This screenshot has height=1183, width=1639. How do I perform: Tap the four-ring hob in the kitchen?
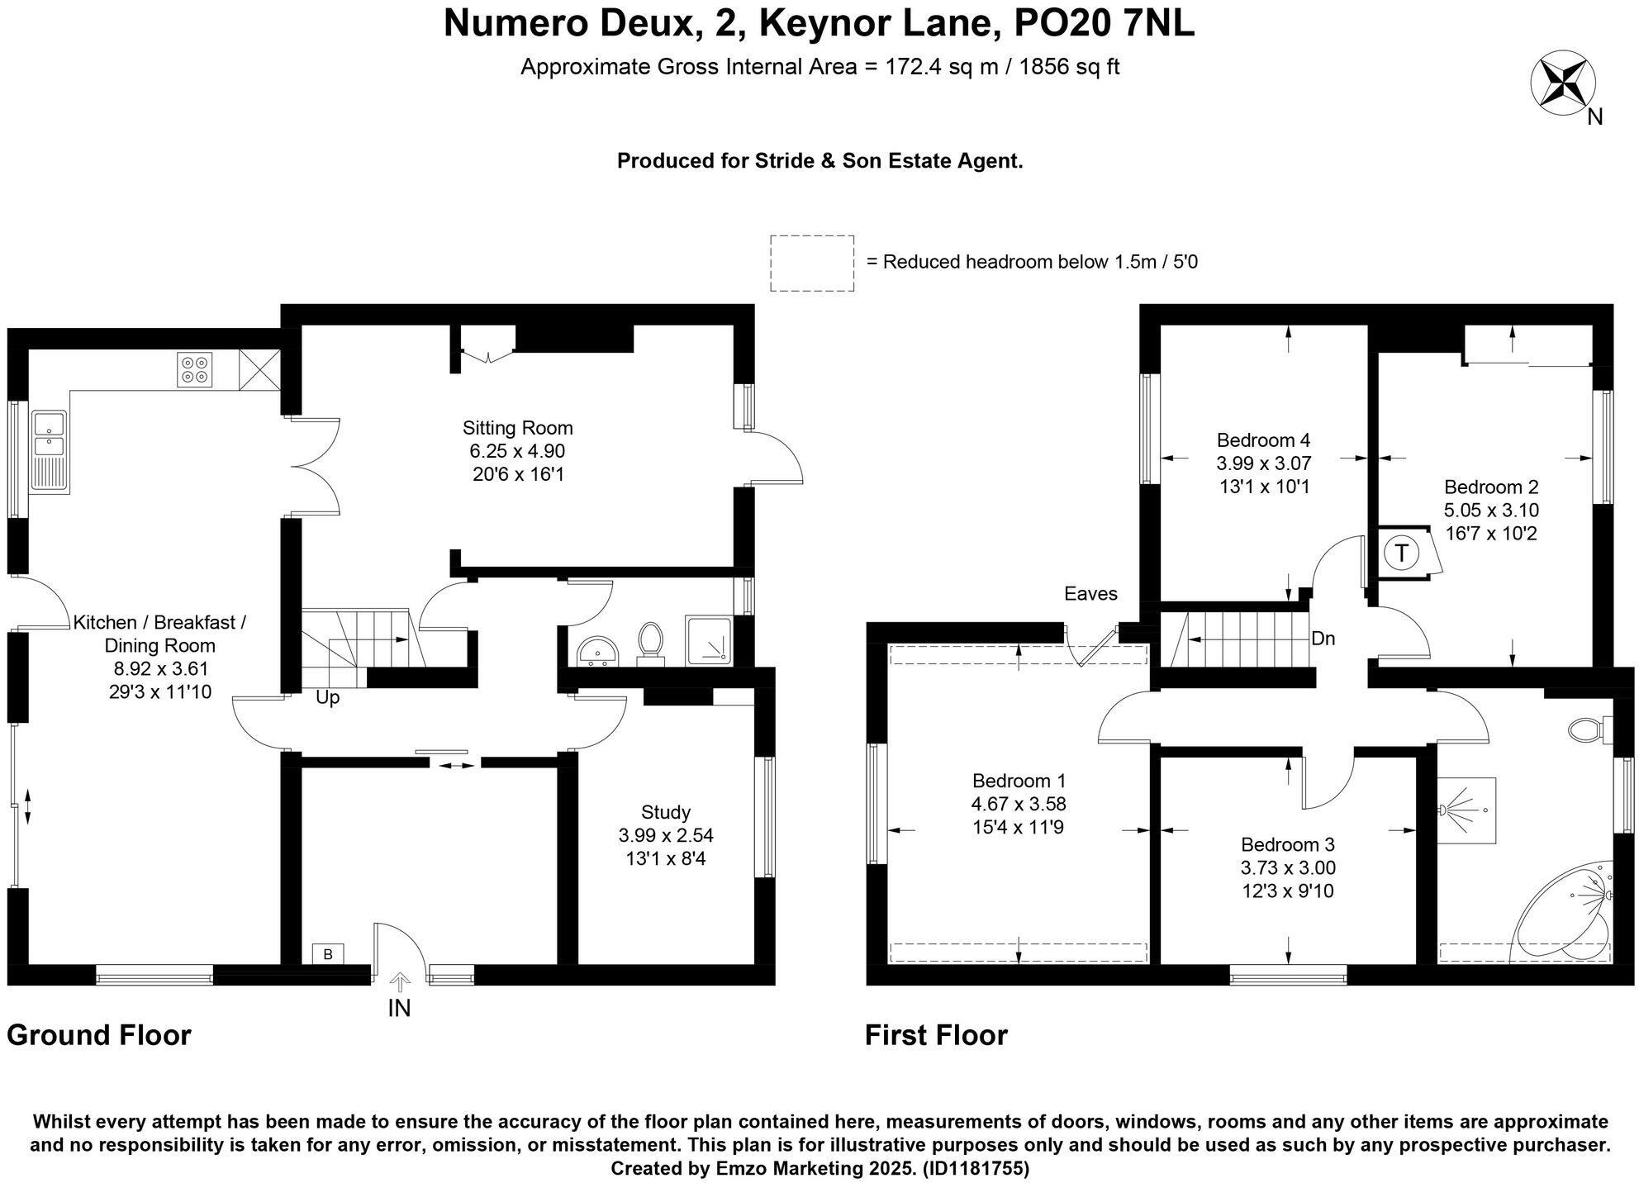tap(194, 369)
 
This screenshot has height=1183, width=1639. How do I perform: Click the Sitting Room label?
tap(517, 428)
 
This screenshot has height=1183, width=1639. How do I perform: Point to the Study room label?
tap(665, 812)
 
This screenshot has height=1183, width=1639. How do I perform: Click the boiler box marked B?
tap(328, 954)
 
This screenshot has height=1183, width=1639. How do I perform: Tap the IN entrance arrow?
tap(400, 983)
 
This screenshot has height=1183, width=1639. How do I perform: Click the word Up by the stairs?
tap(327, 698)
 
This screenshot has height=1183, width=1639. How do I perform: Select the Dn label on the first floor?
tap(1323, 639)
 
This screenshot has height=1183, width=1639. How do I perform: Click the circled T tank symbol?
tap(1401, 552)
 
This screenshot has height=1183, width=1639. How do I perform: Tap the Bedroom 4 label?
tap(1263, 439)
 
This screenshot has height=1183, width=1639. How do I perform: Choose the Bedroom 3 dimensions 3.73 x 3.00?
tap(1288, 867)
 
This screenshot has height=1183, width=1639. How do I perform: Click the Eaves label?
tap(1090, 593)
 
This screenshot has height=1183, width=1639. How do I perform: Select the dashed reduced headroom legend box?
tap(811, 263)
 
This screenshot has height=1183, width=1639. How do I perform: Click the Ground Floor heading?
tap(99, 1035)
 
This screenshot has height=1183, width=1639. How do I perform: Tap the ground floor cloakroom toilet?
tap(651, 643)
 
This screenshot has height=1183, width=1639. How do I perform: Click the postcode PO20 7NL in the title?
tap(1104, 24)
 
